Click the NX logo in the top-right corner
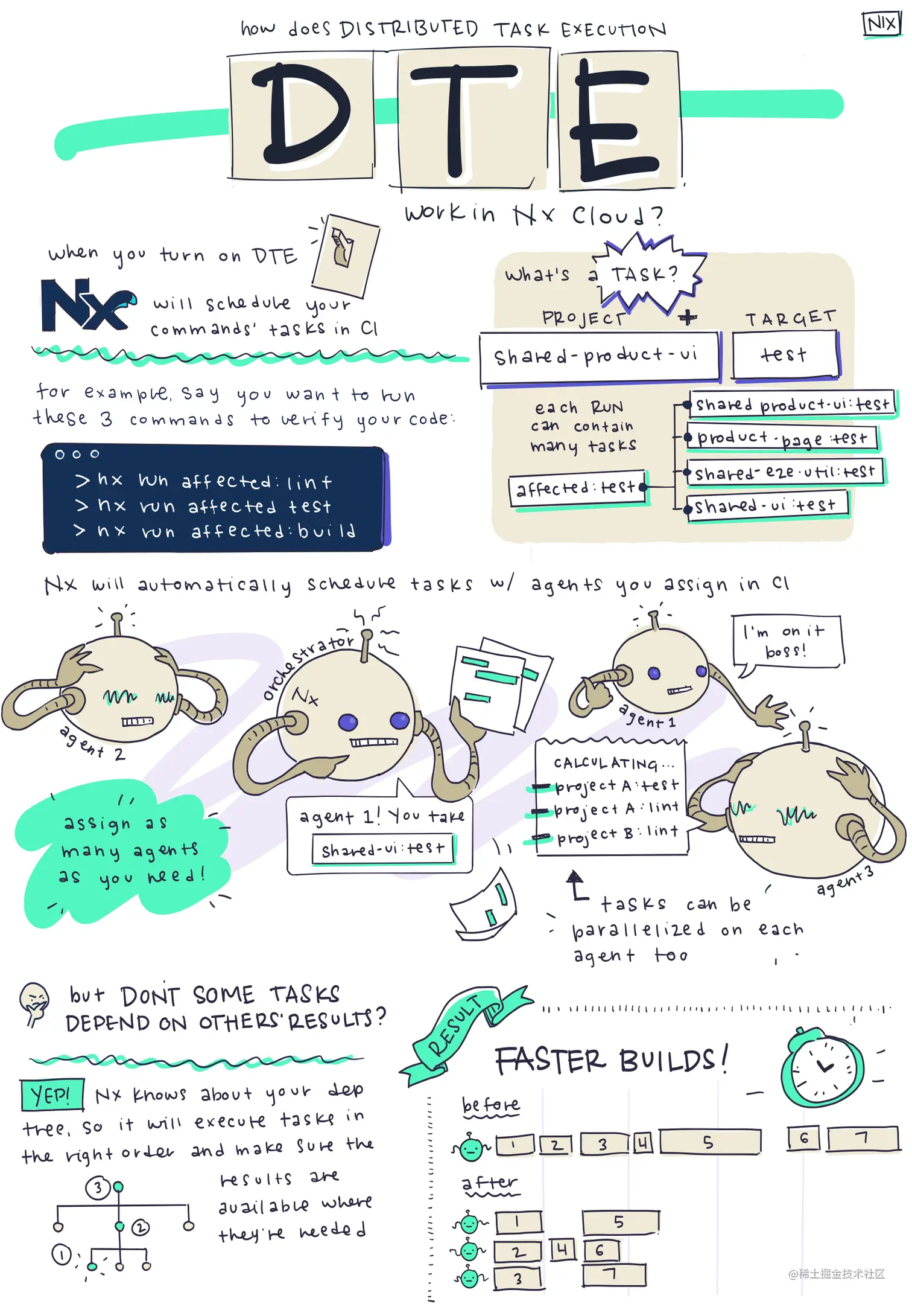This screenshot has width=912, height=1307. pos(881,24)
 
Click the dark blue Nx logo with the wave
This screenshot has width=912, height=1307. pos(87,305)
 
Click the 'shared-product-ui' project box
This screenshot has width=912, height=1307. pos(599,357)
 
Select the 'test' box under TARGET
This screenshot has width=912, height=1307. pos(785,356)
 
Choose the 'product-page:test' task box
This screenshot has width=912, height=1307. pos(782,438)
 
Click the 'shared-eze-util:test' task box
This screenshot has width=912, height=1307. pos(784,472)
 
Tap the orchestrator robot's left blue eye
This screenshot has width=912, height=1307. pos(347,722)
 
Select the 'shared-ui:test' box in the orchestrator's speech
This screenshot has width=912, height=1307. pos(382,849)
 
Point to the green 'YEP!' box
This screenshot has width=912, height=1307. pos(52,1094)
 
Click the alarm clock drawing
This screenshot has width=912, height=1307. pos(822,1068)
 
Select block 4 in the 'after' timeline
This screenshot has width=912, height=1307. pos(563,1249)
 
